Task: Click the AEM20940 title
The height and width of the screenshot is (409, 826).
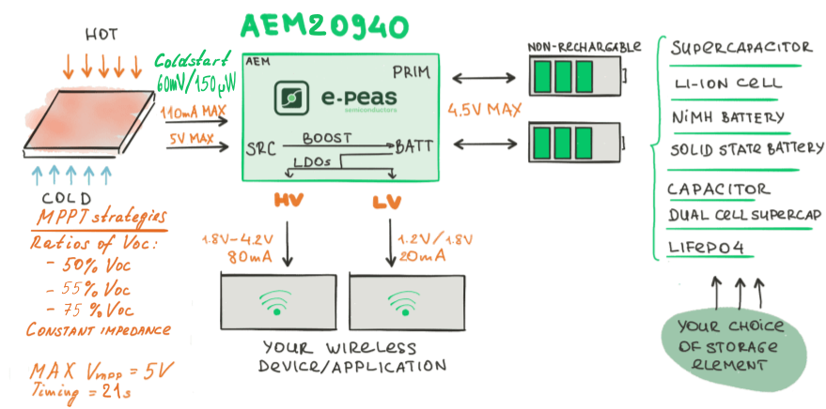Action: tap(324, 26)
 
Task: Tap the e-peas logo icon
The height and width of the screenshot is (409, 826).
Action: tap(290, 98)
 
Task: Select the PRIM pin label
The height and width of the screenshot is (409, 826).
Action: tap(412, 72)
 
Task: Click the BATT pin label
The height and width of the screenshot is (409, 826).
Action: tap(414, 146)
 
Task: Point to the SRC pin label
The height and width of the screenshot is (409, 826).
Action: tap(261, 149)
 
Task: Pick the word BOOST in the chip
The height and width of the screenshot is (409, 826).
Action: tap(327, 138)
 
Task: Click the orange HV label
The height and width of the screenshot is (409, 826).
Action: tap(288, 201)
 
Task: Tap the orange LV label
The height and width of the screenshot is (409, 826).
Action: tap(386, 203)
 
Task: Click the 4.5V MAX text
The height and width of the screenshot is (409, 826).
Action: tap(484, 110)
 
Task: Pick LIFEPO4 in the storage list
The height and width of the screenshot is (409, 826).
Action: tap(706, 247)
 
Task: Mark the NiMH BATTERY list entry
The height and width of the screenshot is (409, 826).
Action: tap(728, 116)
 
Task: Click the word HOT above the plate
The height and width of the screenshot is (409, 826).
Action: tap(101, 36)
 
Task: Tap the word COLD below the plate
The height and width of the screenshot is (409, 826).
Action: tap(67, 198)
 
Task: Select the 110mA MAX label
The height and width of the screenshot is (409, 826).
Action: tap(194, 111)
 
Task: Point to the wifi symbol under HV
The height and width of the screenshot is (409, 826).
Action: tap(275, 303)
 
